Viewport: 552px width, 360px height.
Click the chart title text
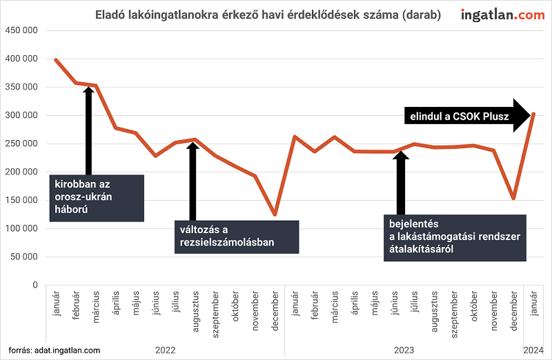point(267,14)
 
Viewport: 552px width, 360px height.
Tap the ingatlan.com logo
point(502,14)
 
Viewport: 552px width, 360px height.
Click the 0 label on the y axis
point(33,285)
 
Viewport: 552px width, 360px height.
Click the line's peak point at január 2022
point(56,60)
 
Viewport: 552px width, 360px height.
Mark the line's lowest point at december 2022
point(275,214)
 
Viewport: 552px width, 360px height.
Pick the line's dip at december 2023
point(513,199)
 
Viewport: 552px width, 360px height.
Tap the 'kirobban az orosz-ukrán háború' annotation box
point(97,198)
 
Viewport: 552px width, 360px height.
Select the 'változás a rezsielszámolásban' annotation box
point(235,236)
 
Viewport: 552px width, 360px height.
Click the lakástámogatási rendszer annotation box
point(453,237)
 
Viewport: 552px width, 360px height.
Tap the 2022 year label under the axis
point(166,350)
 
